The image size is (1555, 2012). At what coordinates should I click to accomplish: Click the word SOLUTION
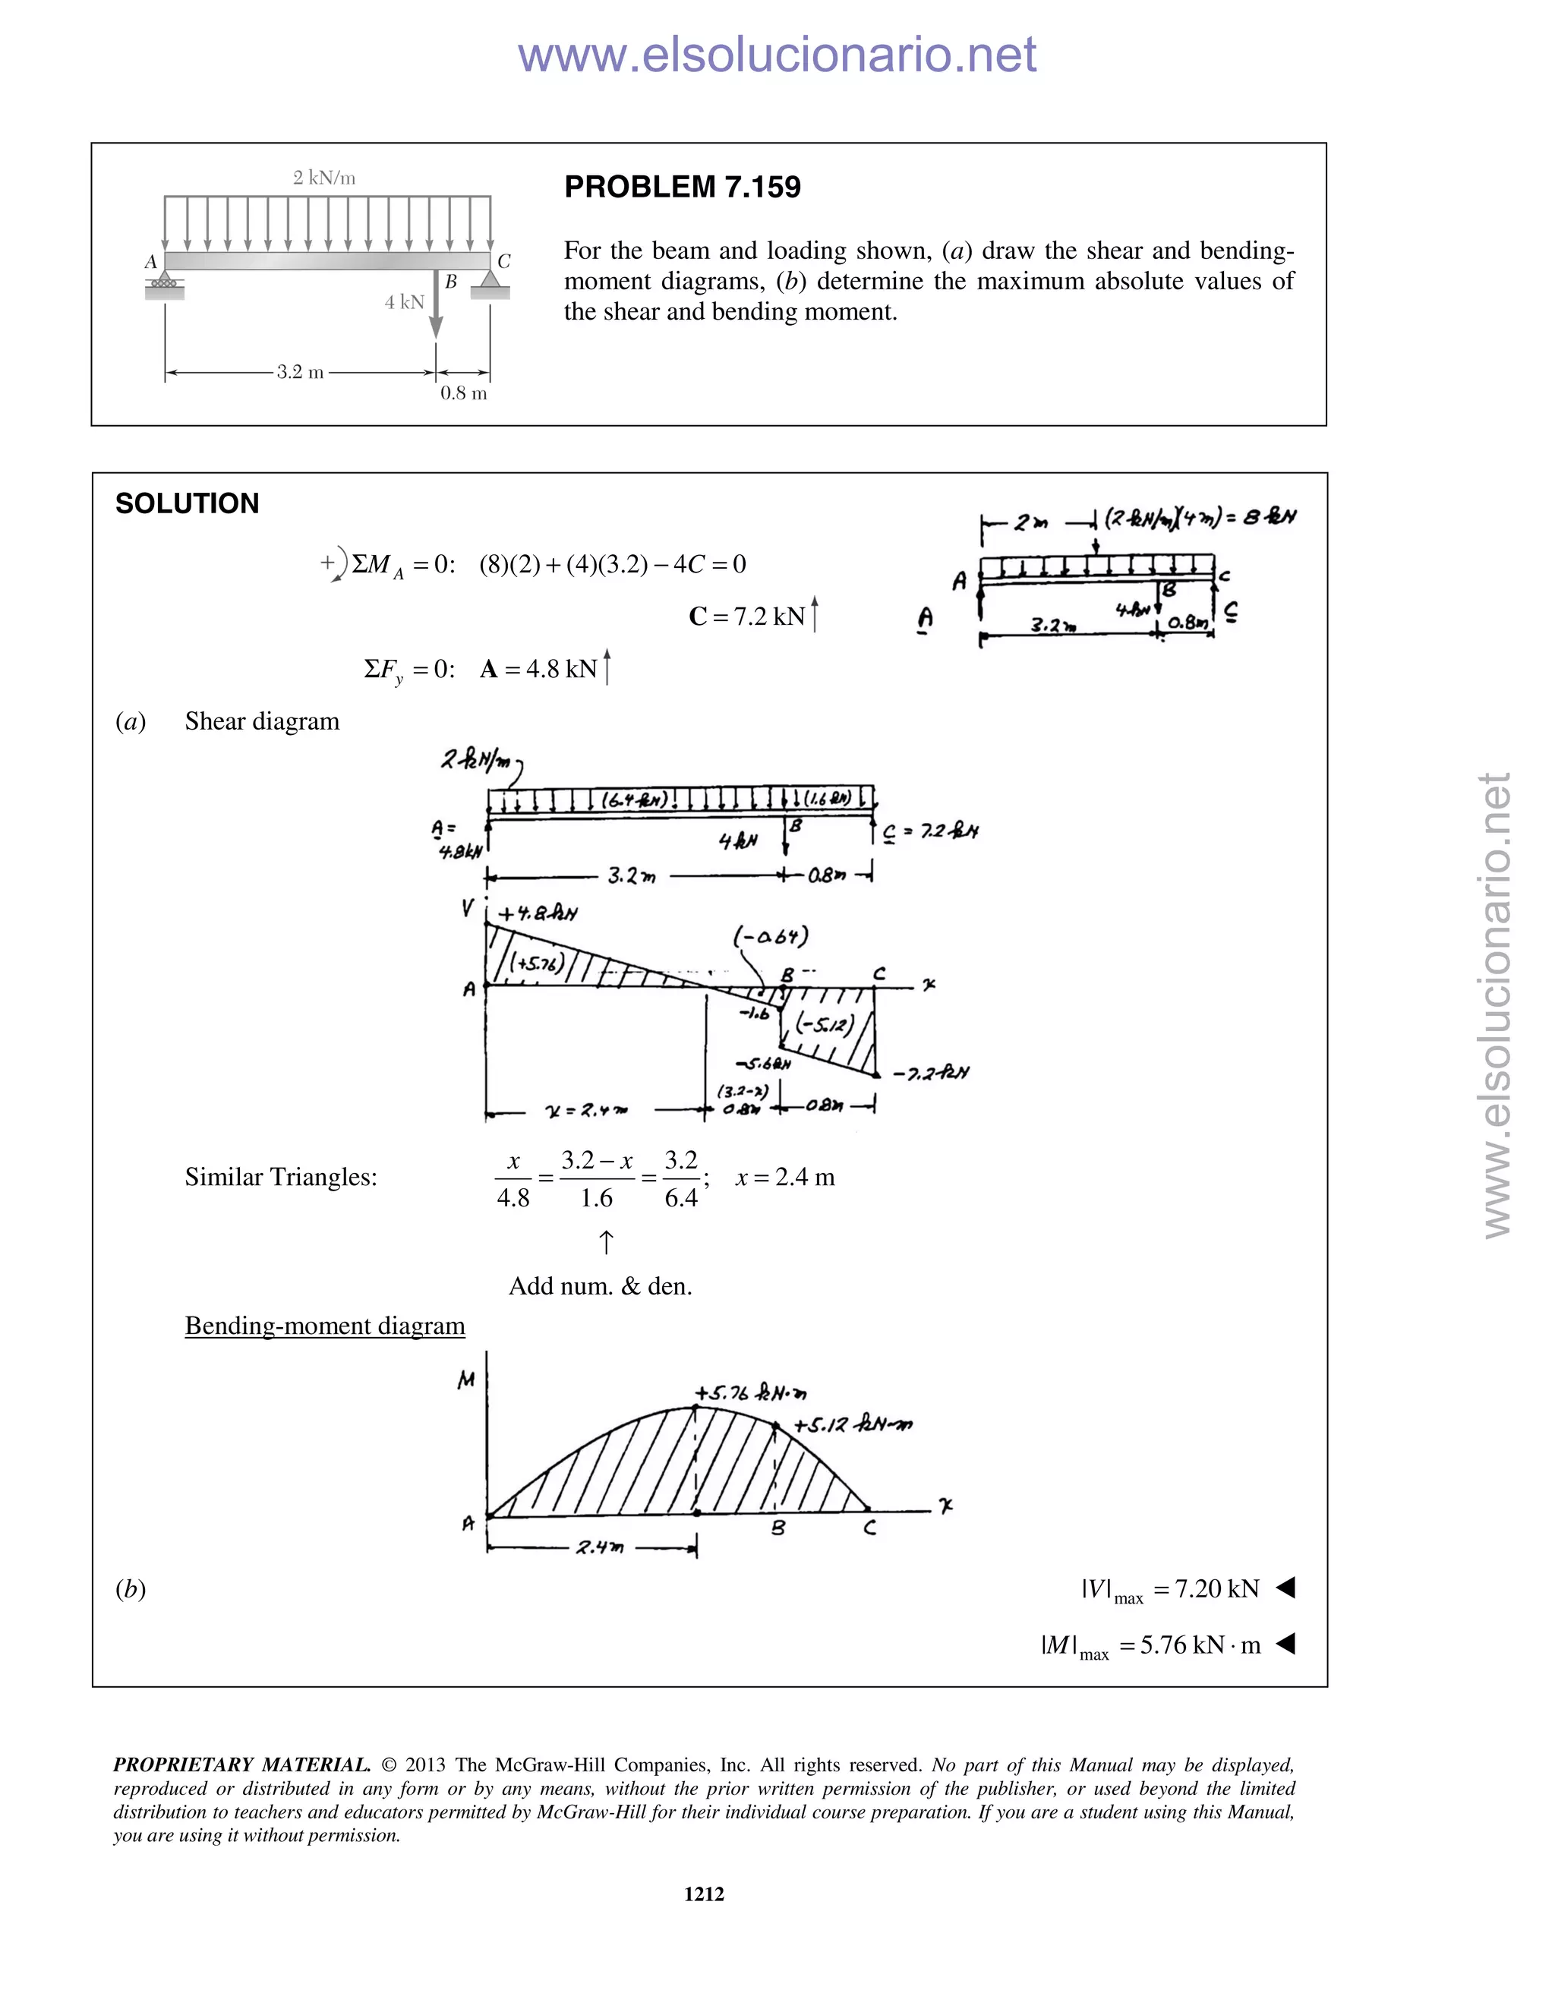pos(187,504)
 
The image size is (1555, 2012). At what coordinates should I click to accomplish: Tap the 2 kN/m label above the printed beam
pos(324,178)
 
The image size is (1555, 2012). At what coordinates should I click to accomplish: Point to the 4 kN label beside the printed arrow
pos(405,302)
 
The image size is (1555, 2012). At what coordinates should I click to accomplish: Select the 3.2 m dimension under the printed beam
pos(301,372)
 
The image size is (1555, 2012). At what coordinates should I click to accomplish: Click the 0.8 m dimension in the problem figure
pos(463,393)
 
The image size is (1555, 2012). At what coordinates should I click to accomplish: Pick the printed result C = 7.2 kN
pos(752,617)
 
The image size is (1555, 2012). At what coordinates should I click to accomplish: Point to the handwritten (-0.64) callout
pos(770,937)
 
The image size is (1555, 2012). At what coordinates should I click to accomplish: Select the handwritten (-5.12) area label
pos(825,1023)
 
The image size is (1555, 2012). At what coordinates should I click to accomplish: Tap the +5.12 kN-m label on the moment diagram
pos(853,1424)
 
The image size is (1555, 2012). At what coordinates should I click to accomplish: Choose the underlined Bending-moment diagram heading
pos(324,1326)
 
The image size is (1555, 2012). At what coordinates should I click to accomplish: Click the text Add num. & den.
pos(600,1286)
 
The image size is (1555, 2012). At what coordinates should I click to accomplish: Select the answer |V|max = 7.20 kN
pos(1170,1589)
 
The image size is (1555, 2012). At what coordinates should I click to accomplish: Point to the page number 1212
pos(704,1894)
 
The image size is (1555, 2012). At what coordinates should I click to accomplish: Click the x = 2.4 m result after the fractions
pos(785,1178)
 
